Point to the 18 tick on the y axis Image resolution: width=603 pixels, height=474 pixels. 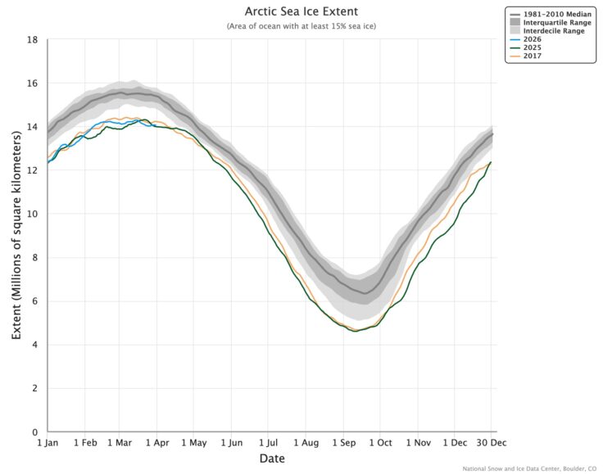tap(33, 39)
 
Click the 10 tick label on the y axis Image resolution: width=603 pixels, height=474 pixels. tap(33, 214)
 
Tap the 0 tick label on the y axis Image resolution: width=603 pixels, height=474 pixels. tap(35, 432)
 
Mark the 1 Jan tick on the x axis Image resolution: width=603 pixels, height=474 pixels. tap(48, 442)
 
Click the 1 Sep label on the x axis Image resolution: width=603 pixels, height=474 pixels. tap(342, 442)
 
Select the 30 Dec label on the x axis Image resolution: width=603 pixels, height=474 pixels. tap(490, 442)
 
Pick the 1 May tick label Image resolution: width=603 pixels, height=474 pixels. tap(193, 442)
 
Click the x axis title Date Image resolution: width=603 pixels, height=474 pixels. tap(272, 459)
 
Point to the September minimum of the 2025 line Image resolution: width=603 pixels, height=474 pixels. tap(355, 331)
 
